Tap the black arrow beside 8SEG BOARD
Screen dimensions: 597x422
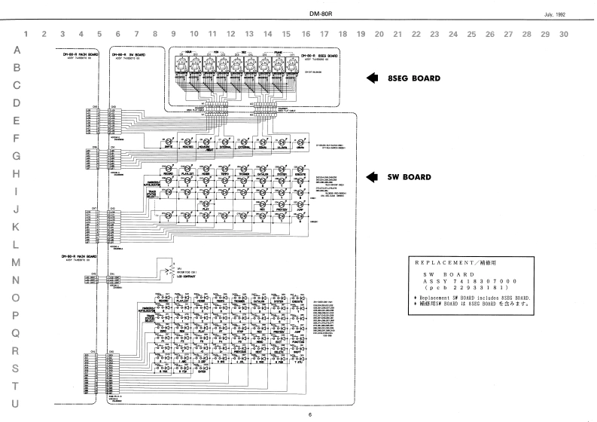point(373,78)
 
